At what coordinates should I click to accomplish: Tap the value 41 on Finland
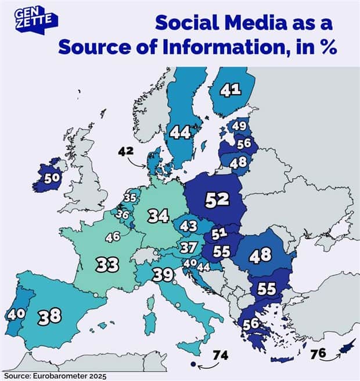[x=231, y=90]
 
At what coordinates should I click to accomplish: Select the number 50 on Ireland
[x=52, y=178]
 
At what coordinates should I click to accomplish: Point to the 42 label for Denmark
[x=127, y=151]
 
